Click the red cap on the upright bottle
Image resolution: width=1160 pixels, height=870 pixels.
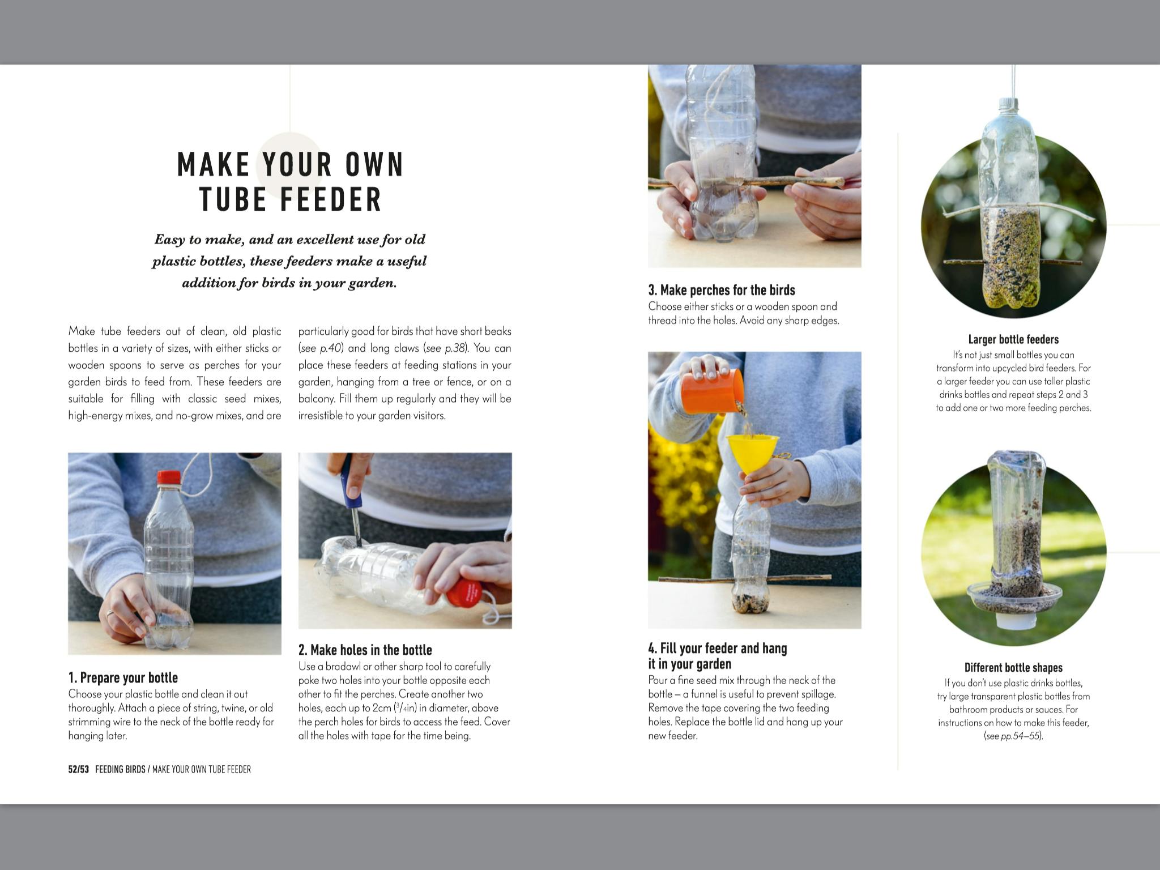(x=168, y=477)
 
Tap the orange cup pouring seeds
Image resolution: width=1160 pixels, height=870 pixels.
(x=711, y=391)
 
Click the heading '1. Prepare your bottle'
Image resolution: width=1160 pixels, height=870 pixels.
(x=123, y=677)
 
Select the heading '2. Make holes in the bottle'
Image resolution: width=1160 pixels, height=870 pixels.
(x=365, y=650)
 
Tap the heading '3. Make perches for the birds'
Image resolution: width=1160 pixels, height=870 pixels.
(x=722, y=290)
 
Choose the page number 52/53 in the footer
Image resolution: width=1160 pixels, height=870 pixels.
(x=79, y=769)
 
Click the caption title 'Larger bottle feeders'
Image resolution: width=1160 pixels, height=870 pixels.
(x=1013, y=339)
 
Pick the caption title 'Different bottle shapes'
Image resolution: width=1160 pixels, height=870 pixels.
(x=1013, y=667)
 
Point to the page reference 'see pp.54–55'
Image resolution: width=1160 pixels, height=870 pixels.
(x=1013, y=736)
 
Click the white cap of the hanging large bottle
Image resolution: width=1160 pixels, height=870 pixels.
(x=1008, y=103)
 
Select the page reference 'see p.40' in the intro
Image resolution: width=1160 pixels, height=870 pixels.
(x=321, y=348)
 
